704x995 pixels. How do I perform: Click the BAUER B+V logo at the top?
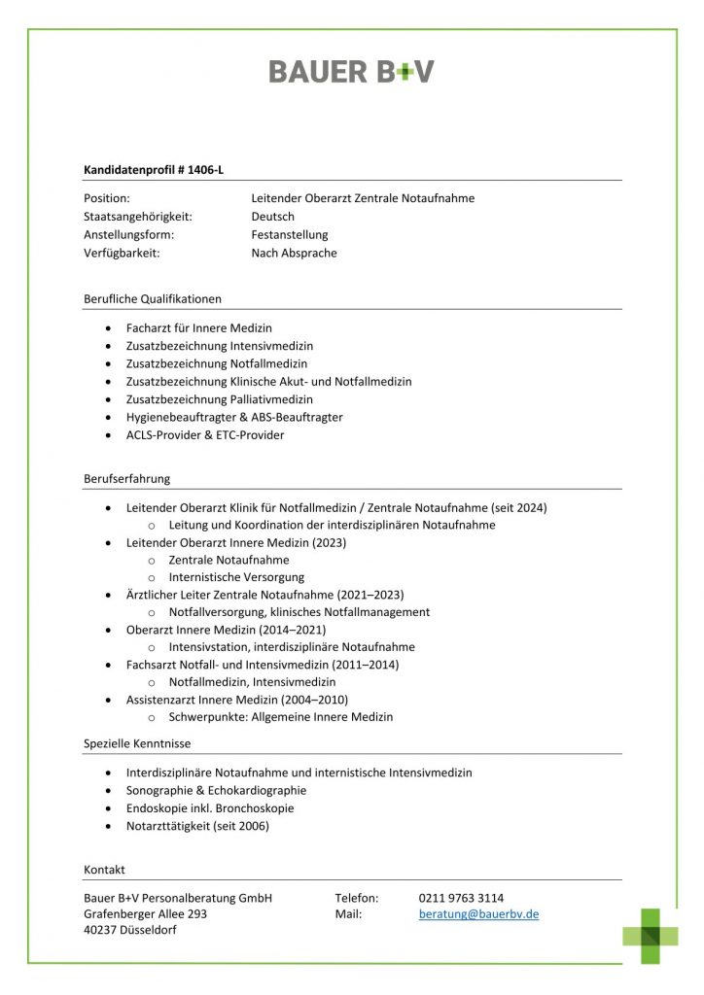351,71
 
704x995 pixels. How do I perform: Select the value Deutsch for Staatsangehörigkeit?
272,217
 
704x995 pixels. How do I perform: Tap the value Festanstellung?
290,234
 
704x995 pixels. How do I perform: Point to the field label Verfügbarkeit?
122,253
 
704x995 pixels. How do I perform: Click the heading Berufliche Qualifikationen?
153,298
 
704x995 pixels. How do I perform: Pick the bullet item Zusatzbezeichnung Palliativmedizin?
220,399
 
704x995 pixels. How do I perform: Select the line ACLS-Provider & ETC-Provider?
205,435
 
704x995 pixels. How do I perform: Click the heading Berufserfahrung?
127,478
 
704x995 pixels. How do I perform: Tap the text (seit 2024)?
517,507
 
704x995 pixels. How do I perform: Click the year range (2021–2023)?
370,595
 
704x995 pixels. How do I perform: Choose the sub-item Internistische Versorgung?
236,577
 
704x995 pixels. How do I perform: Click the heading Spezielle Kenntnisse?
137,743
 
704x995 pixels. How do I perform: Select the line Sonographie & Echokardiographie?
216,791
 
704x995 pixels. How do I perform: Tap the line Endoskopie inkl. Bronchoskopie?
210,808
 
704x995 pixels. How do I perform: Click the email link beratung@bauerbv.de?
478,914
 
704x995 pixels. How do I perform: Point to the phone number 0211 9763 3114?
461,898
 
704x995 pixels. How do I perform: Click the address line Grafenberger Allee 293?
146,914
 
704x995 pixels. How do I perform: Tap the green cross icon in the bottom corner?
651,935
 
